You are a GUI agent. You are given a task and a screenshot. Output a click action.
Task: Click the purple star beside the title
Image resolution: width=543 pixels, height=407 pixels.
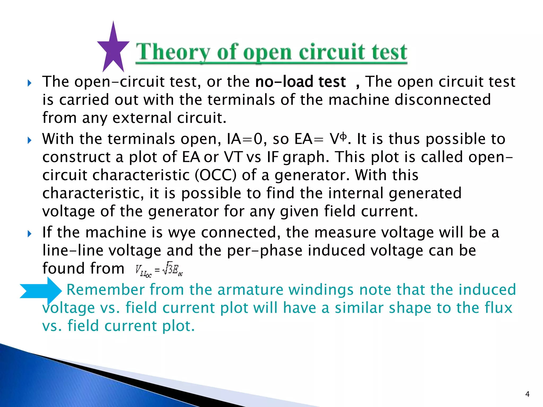tap(113, 48)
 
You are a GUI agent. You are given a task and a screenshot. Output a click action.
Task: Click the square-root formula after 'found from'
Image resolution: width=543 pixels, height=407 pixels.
tap(159, 270)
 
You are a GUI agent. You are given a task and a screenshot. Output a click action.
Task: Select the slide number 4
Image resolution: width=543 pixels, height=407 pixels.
tap(527, 394)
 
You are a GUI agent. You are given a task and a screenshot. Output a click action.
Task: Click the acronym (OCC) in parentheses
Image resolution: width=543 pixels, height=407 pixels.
tap(215, 175)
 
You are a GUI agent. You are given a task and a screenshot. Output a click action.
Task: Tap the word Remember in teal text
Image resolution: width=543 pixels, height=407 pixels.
tap(105, 289)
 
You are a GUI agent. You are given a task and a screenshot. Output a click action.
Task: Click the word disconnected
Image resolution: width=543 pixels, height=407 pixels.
tap(443, 100)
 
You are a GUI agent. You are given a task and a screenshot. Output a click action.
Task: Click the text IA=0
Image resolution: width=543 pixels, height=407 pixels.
tap(247, 139)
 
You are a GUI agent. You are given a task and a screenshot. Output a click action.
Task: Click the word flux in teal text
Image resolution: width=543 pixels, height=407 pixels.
tap(498, 308)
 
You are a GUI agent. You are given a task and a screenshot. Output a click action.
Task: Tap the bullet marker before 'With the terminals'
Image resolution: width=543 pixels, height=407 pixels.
tap(29, 140)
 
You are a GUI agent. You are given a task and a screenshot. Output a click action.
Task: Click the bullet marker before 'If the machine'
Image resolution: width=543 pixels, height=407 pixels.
tap(29, 233)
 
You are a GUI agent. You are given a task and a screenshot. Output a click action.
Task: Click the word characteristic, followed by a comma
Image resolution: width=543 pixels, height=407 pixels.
tap(93, 193)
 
